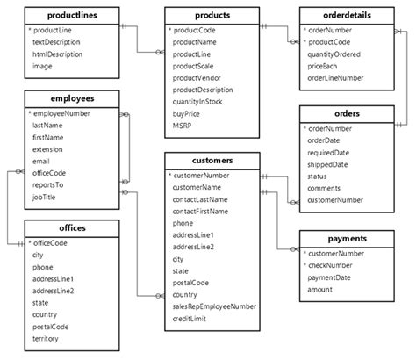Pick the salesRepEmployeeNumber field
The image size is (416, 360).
(x=214, y=306)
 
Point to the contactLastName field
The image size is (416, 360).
(x=200, y=199)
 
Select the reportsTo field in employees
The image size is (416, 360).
(x=50, y=185)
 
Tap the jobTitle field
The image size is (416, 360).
(x=47, y=198)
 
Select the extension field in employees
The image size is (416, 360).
(x=50, y=149)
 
